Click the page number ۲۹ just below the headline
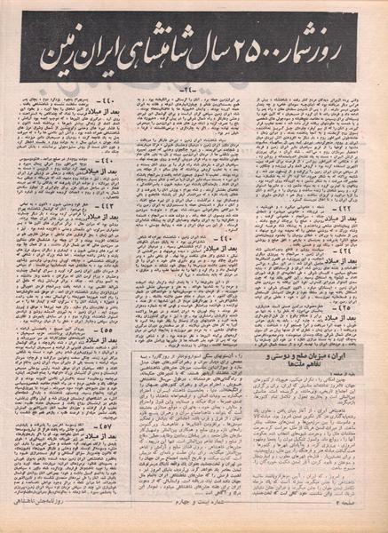(x=194, y=90)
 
